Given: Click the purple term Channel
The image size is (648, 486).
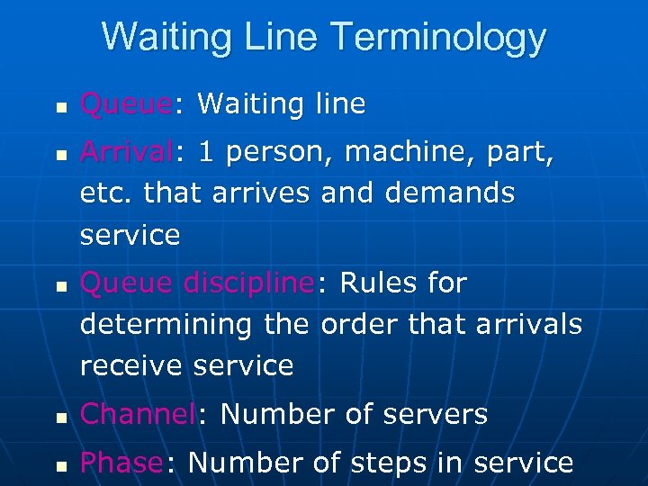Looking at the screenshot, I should [x=137, y=415].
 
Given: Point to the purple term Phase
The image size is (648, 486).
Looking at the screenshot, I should [x=121, y=463].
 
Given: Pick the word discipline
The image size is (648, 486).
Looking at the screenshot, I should [x=247, y=283].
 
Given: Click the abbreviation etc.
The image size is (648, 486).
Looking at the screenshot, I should [x=104, y=193].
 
